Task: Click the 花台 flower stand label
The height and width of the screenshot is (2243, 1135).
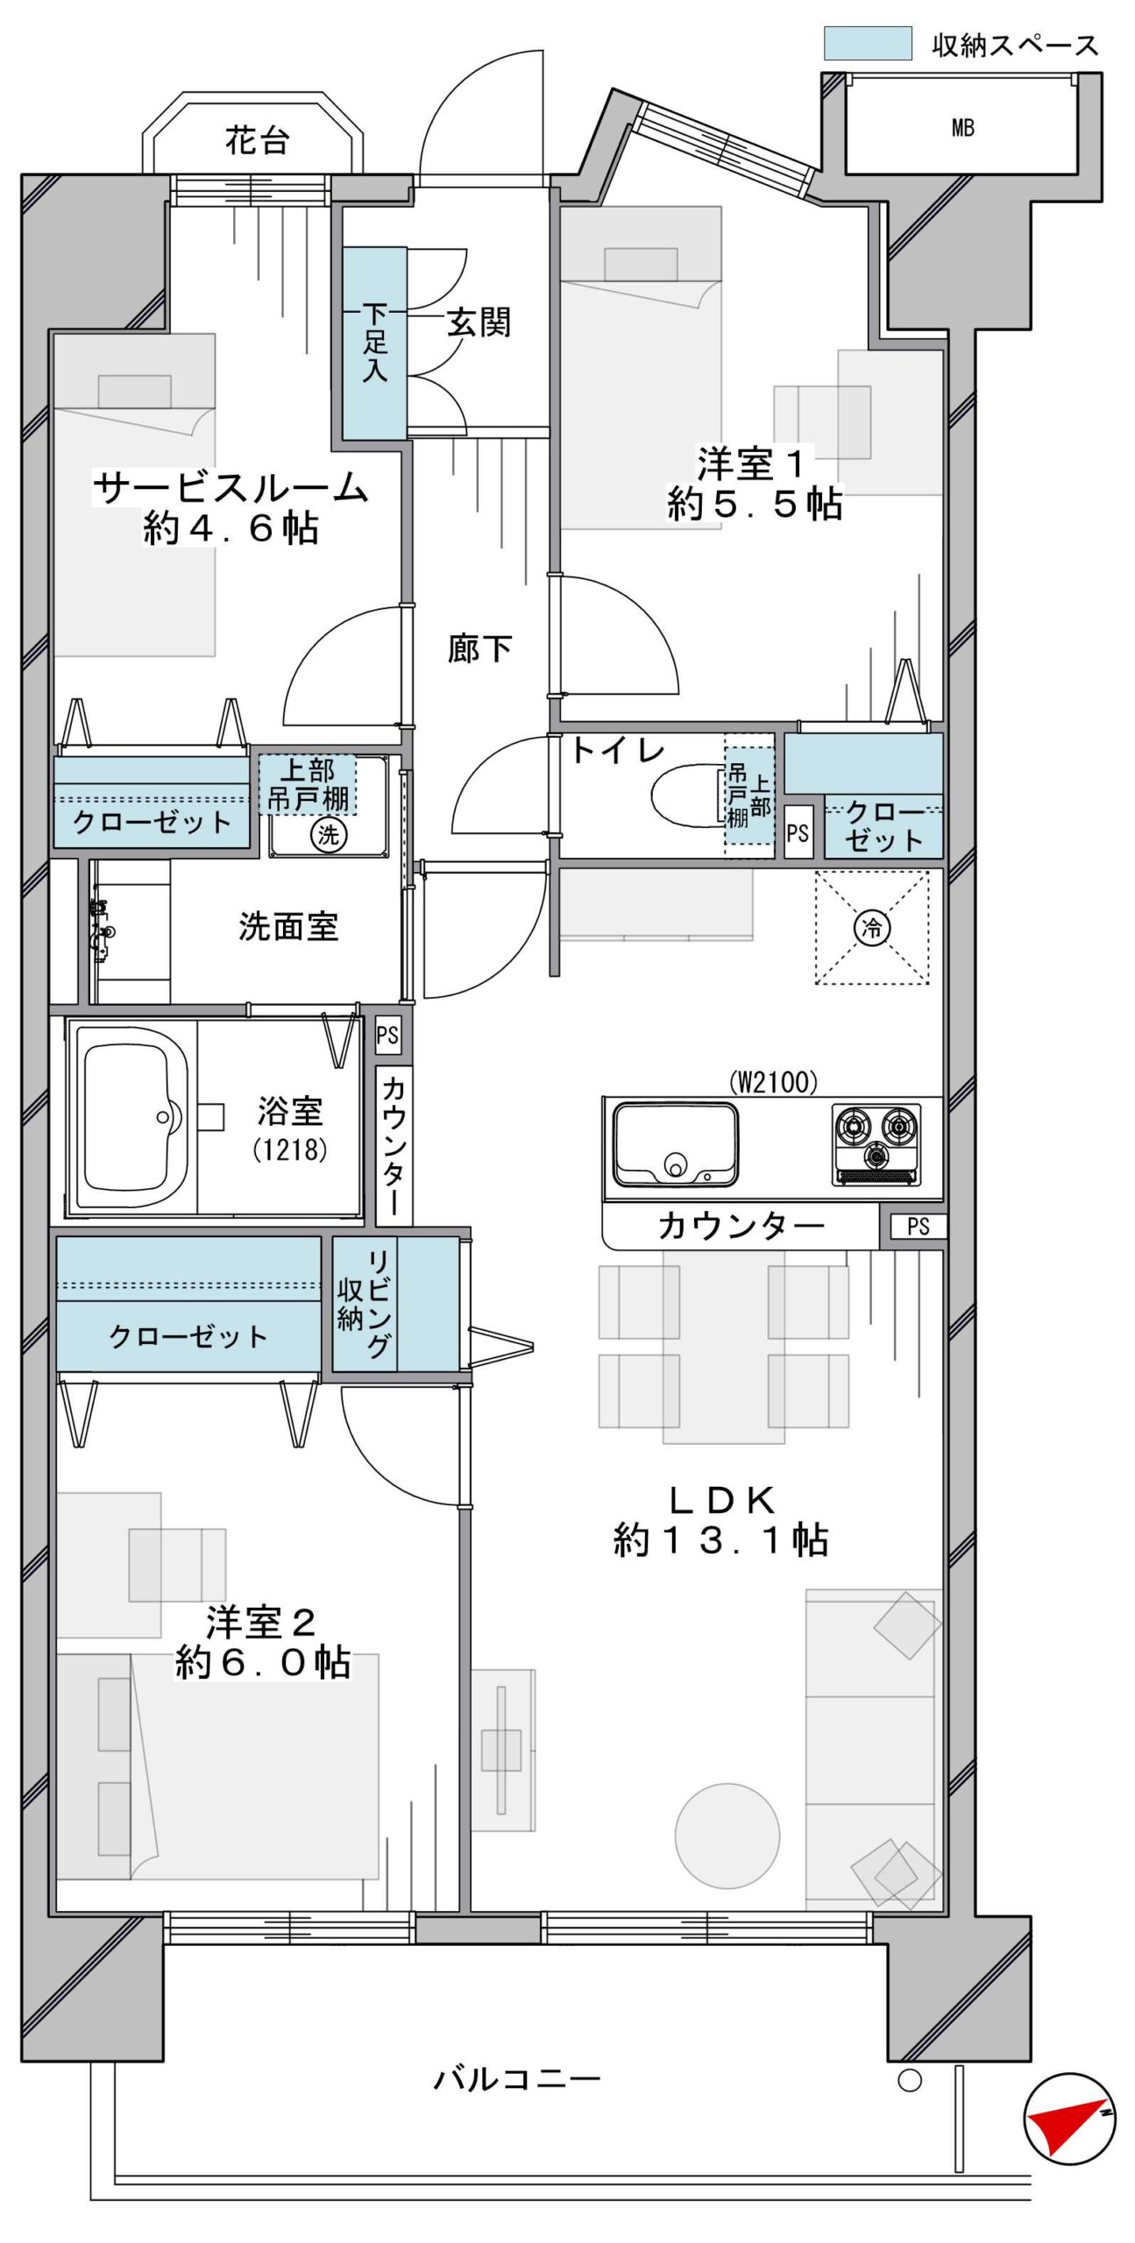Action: pyautogui.click(x=257, y=140)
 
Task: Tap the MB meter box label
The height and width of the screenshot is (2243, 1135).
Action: pyautogui.click(x=962, y=128)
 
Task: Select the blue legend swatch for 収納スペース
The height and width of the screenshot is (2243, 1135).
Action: pyautogui.click(x=867, y=43)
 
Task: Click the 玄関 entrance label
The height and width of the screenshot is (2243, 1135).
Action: pyautogui.click(x=479, y=322)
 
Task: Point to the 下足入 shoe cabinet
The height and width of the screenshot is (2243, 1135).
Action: pyautogui.click(x=374, y=343)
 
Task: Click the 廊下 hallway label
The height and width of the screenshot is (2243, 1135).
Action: pyautogui.click(x=479, y=648)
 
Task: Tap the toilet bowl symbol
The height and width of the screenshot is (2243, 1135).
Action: pyautogui.click(x=689, y=796)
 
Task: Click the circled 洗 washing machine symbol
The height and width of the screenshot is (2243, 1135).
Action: pyautogui.click(x=329, y=833)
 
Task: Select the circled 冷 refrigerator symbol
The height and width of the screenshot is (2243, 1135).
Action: pyautogui.click(x=872, y=927)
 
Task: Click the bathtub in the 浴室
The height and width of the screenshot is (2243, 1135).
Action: pyautogui.click(x=131, y=1117)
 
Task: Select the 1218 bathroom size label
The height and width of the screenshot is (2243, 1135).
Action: pyautogui.click(x=290, y=1150)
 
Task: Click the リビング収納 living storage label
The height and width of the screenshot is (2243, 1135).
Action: pyautogui.click(x=365, y=1304)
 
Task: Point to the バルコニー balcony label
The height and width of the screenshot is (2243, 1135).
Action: pyautogui.click(x=517, y=2078)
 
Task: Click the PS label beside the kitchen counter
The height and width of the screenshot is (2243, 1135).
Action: pyautogui.click(x=918, y=1226)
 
